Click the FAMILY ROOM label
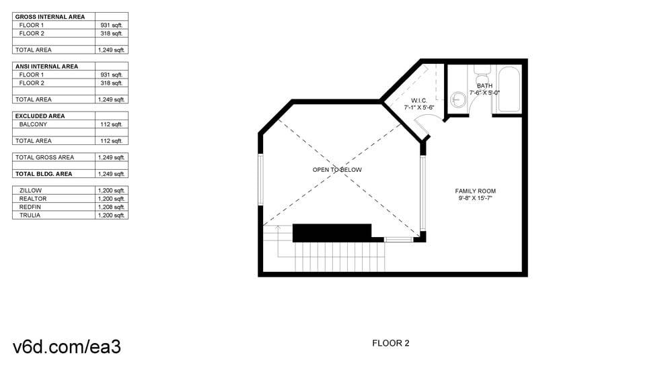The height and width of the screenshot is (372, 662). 475,191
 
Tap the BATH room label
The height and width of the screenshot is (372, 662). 484,86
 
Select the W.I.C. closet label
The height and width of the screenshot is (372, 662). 419,101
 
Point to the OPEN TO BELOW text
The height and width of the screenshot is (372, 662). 337,170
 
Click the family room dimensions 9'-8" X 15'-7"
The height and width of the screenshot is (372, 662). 475,199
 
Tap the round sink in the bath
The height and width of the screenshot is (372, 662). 459,100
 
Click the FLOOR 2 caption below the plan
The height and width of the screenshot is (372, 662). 391,343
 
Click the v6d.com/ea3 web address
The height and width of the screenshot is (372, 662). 67,346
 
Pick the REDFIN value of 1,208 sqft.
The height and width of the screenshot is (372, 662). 111,207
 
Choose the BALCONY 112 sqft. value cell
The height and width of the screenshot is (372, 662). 111,124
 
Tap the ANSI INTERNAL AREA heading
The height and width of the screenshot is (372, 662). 46,66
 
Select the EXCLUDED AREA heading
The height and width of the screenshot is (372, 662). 40,116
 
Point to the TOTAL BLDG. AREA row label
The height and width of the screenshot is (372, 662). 44,174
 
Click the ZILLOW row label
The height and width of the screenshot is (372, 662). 30,191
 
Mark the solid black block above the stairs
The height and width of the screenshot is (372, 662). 332,232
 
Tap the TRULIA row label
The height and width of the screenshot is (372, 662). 30,216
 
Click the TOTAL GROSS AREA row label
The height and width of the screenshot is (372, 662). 44,157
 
